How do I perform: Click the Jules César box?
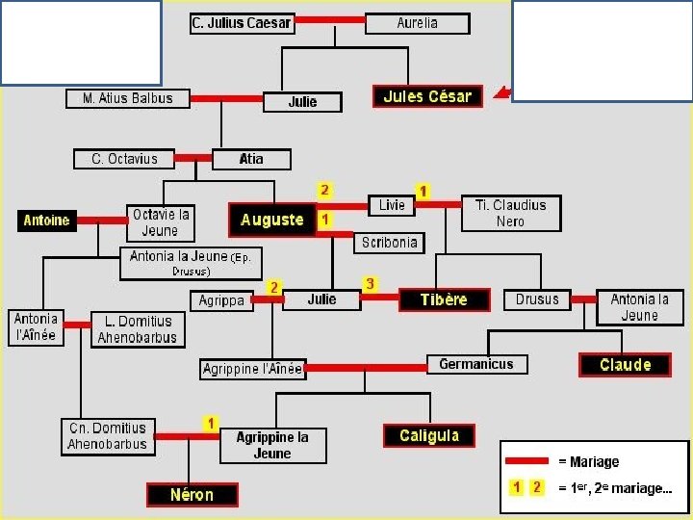pyautogui.click(x=427, y=96)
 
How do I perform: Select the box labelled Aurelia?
pyautogui.click(x=417, y=23)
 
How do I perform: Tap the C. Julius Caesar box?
pyautogui.click(x=242, y=23)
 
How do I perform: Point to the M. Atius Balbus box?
pyautogui.click(x=128, y=98)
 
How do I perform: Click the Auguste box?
pyautogui.click(x=272, y=220)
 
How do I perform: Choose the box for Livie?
pyautogui.click(x=392, y=205)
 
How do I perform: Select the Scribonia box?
pyautogui.click(x=390, y=243)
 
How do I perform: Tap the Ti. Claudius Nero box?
pyautogui.click(x=510, y=213)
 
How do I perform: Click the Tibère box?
pyautogui.click(x=444, y=299)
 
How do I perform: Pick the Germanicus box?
pyautogui.click(x=476, y=364)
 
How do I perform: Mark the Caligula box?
pyautogui.click(x=429, y=436)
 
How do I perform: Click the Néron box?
pyautogui.click(x=192, y=495)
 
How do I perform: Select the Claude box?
pyautogui.click(x=626, y=365)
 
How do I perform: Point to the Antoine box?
pyautogui.click(x=46, y=221)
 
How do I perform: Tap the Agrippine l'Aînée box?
pyautogui.click(x=253, y=369)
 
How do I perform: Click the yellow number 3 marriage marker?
pyautogui.click(x=370, y=284)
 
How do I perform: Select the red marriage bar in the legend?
pyautogui.click(x=527, y=461)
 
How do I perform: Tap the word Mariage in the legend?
pyautogui.click(x=594, y=462)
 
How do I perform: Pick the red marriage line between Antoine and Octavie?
pyautogui.click(x=101, y=221)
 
